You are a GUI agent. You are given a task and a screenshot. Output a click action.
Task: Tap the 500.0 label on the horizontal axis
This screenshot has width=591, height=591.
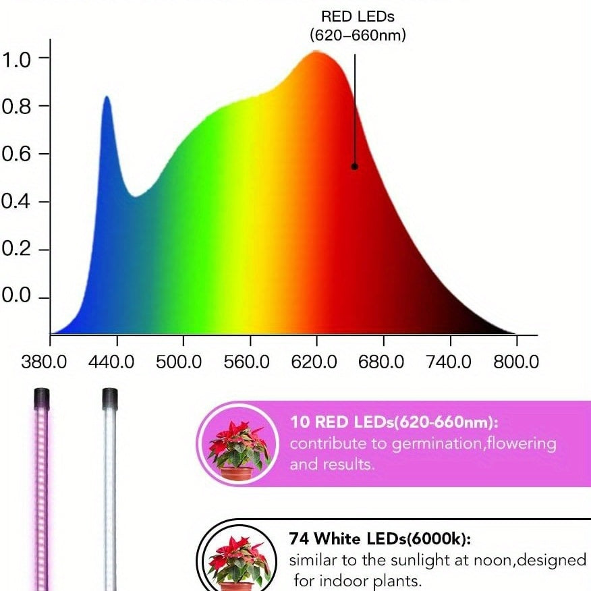coord(179,362)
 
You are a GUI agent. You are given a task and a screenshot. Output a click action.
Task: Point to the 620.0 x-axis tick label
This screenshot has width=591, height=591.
coord(314,362)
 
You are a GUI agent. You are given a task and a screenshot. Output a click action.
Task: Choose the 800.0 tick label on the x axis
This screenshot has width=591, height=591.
coord(516,362)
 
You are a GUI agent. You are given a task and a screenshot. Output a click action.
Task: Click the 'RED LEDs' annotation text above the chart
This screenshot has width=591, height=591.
coord(358,16)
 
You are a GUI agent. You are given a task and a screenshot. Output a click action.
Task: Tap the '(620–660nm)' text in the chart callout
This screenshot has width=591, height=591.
coord(358,35)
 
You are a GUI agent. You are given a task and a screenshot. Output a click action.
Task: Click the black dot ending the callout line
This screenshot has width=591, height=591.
coord(354,166)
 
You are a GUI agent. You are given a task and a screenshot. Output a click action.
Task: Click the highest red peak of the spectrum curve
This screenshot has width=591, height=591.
coord(316,52)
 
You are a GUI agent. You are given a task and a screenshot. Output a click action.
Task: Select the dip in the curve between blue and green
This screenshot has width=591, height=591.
coord(136,196)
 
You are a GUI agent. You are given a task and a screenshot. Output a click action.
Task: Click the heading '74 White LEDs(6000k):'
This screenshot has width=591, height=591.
coord(379,539)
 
